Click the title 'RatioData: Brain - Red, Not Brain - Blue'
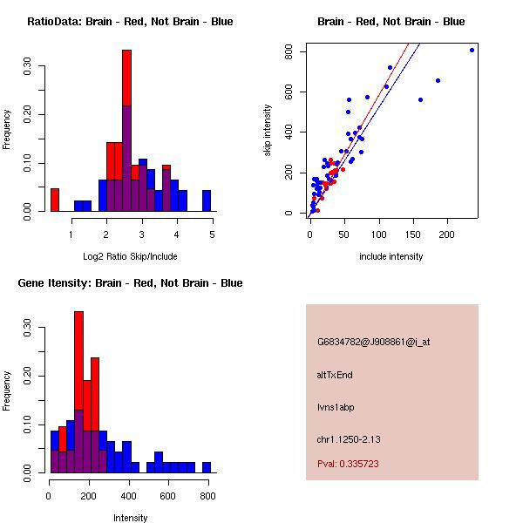coord(130,22)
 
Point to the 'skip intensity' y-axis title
coord(268,131)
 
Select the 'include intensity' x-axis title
coord(391,256)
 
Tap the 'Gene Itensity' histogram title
coord(130,283)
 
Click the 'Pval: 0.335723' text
coord(348,464)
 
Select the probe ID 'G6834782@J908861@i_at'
coord(373,342)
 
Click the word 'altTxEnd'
coord(335,375)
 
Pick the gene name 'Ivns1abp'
coord(336,407)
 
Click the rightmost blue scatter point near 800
coord(472,50)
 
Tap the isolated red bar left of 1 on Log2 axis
coord(54,200)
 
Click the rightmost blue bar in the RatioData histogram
coord(207,200)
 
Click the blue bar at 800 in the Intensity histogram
coord(207,467)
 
